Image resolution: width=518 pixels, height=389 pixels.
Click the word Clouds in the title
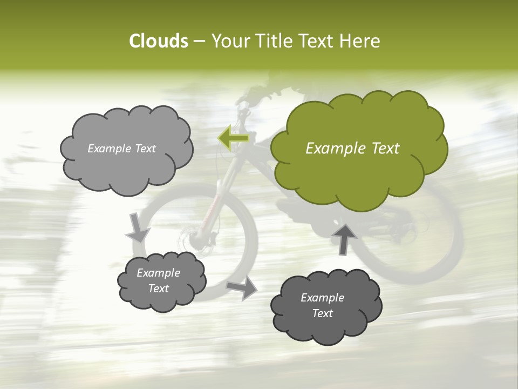[158, 41]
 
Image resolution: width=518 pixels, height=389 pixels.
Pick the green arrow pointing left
[233, 138]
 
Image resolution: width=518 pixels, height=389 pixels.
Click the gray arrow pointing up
[344, 238]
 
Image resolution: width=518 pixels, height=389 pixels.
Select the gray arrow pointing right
[242, 288]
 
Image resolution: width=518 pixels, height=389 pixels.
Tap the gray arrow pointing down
[137, 228]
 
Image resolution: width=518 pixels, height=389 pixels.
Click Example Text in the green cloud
[352, 149]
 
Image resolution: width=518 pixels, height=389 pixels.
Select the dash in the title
[199, 41]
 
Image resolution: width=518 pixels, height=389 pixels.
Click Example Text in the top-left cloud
[121, 149]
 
